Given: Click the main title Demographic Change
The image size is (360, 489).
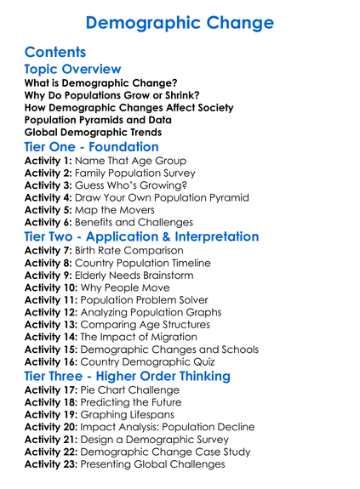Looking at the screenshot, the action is [180, 23].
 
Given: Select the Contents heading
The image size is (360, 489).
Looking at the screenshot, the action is [55, 52].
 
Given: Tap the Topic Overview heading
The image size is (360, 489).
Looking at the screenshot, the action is [72, 70].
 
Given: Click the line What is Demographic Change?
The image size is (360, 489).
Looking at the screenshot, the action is [100, 83].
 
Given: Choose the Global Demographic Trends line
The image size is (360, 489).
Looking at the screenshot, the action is [93, 133].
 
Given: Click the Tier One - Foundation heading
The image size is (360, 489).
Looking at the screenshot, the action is [92, 147].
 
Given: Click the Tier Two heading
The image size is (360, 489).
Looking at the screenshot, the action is [141, 237].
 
